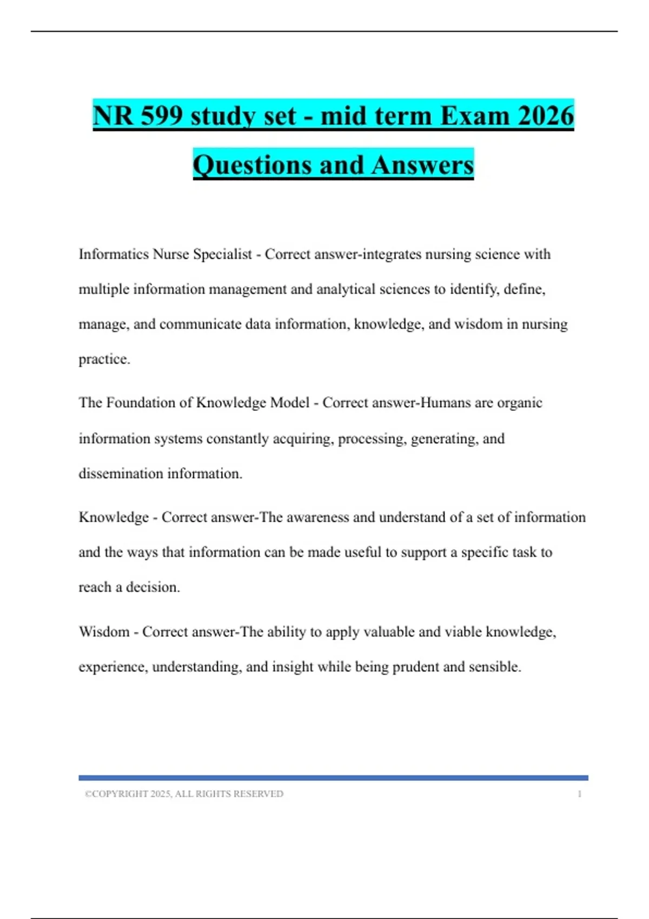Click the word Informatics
[114, 254]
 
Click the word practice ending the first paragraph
[103, 359]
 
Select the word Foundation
[141, 403]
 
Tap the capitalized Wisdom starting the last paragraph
[104, 632]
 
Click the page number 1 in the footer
[579, 794]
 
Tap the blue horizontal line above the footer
[333, 778]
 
